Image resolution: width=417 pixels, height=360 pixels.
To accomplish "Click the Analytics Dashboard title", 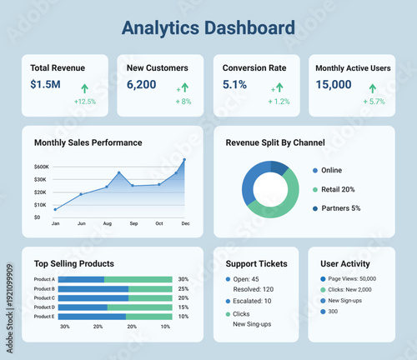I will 208,28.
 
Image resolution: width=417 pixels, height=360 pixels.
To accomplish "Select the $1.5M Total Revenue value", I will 45,84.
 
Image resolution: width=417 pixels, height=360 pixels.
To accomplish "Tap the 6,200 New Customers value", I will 141,84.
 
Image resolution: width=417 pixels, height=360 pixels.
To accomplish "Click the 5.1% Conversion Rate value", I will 234,84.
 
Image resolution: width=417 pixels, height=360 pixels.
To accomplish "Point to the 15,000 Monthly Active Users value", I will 334,84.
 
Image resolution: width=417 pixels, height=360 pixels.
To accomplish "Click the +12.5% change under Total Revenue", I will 85,102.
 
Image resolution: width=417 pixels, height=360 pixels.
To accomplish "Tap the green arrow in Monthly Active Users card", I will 373,87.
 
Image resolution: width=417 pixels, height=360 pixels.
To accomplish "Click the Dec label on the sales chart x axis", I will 185,224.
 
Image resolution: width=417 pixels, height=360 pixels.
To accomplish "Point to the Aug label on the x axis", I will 107,224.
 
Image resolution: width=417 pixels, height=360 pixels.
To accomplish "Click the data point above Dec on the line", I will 184,159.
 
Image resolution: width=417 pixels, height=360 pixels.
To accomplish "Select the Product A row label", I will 44,279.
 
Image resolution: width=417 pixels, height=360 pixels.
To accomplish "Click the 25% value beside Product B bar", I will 183,288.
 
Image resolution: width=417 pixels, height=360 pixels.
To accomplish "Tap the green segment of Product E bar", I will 148,317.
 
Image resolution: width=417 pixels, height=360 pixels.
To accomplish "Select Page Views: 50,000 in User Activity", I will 352,279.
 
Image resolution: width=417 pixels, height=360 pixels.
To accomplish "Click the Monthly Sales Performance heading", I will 88,142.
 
